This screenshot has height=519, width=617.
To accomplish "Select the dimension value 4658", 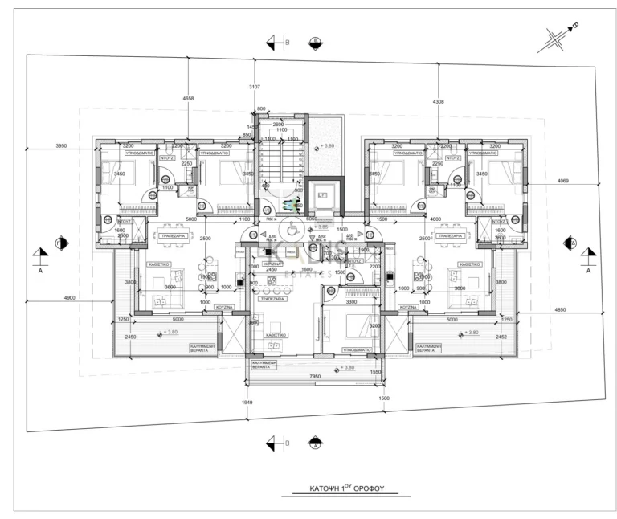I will point(189,99).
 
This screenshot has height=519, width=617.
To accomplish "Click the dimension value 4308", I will point(438,102).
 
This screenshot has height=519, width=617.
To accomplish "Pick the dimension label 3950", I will point(61,145).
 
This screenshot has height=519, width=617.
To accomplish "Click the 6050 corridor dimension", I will point(312,219).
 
